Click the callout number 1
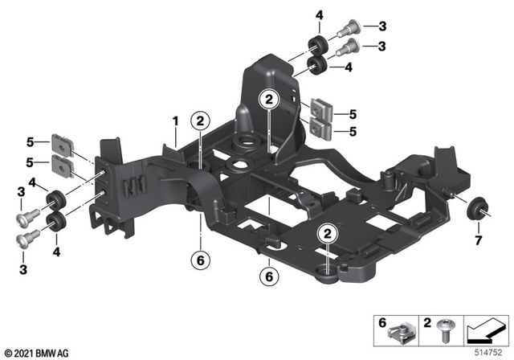[x=173, y=121]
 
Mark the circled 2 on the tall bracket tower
[x=267, y=100]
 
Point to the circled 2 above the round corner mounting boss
[x=328, y=234]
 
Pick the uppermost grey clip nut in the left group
[x=60, y=145]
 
